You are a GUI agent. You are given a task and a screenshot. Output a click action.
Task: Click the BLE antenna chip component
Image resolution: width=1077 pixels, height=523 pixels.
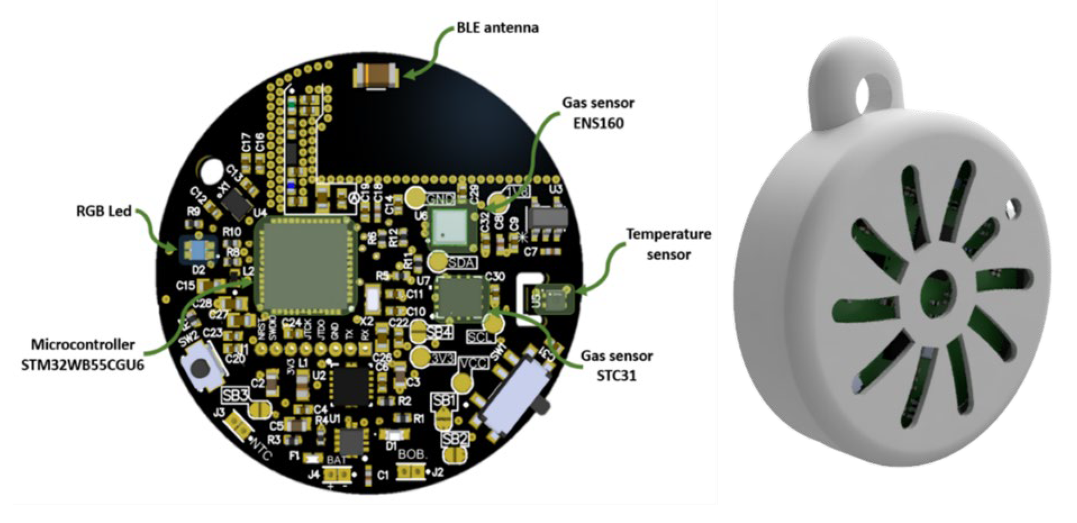376,75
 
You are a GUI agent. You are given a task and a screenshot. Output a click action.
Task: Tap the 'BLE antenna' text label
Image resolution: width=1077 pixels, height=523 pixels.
497,28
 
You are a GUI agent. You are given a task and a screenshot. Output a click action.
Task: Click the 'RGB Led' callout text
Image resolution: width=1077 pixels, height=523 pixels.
104,211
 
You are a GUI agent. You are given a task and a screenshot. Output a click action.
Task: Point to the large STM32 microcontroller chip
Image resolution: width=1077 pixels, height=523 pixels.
306,265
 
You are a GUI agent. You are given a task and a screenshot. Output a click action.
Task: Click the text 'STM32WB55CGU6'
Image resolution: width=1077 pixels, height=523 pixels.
83,365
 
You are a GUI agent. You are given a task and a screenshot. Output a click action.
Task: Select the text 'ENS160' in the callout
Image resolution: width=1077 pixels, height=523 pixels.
598,123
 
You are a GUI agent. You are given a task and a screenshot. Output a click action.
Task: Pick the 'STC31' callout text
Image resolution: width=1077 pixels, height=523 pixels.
616,375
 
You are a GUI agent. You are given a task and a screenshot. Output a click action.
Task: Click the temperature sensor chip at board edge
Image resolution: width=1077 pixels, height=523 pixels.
553,298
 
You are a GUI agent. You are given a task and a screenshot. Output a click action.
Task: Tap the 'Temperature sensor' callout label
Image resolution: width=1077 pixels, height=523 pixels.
669,244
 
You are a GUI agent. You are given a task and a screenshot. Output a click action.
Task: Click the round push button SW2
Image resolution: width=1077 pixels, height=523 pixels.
199,369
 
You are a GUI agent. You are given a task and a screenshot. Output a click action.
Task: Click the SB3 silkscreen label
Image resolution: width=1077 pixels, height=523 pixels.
235,395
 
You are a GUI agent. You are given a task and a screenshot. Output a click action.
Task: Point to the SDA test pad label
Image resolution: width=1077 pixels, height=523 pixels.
462,263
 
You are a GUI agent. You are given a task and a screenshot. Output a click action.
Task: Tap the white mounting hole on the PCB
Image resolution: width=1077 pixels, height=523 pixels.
212,169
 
